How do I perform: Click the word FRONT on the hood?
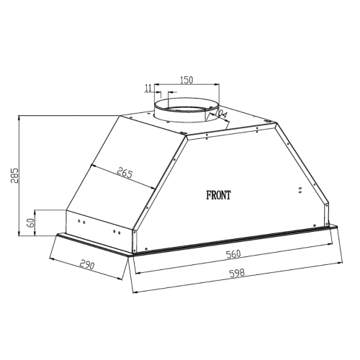coord(219,195)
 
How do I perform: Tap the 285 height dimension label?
coord(14,175)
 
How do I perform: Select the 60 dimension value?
coord(31,223)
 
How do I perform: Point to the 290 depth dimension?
coord(87,265)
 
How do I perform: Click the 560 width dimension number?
coord(233,253)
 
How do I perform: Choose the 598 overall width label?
coord(237,273)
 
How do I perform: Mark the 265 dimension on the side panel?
coord(125,173)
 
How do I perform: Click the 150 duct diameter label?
coord(186,80)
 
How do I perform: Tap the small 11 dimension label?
coord(148,88)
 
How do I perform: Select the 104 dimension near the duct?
coord(220,114)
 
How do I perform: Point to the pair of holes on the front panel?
coord(300,190)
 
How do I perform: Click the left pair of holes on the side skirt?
coord(81,222)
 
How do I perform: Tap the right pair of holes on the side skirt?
coord(117,232)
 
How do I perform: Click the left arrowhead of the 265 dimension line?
coord(91,166)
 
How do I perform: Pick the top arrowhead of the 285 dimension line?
coord(19,117)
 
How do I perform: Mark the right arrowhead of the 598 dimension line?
coord(341,263)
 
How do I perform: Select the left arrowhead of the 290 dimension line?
coord(51,258)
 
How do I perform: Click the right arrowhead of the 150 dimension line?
coord(217,84)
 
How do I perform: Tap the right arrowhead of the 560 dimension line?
coord(330,244)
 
